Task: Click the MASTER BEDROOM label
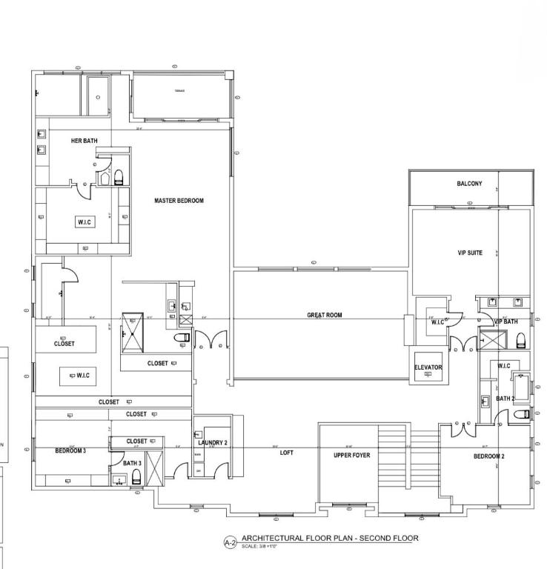click(179, 201)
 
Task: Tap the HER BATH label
click(84, 141)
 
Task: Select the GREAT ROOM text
click(325, 315)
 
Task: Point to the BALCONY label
click(469, 184)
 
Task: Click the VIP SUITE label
click(470, 253)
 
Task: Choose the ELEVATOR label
click(428, 367)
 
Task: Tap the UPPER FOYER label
click(351, 455)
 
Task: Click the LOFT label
click(287, 452)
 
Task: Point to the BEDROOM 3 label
click(71, 450)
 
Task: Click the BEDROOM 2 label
click(489, 456)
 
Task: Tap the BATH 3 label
click(132, 463)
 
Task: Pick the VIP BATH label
click(506, 322)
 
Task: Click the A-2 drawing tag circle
click(230, 542)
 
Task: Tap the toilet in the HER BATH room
click(118, 176)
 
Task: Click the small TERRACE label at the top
click(179, 91)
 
